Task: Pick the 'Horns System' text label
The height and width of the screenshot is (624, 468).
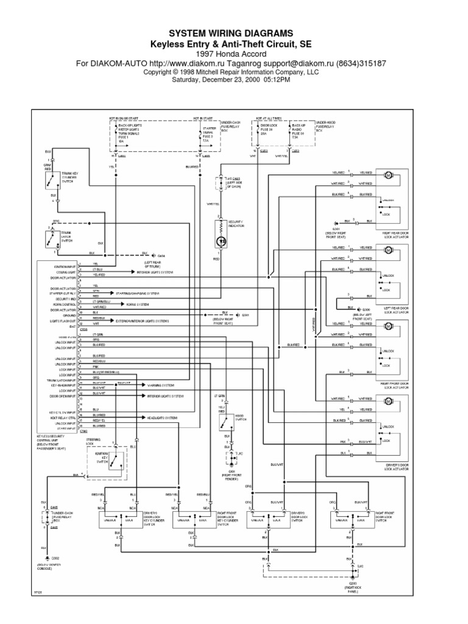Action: pyautogui.click(x=141, y=303)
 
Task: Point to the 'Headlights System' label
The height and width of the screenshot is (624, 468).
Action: pyautogui.click(x=161, y=417)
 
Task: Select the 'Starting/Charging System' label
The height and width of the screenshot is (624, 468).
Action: pyautogui.click(x=153, y=292)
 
